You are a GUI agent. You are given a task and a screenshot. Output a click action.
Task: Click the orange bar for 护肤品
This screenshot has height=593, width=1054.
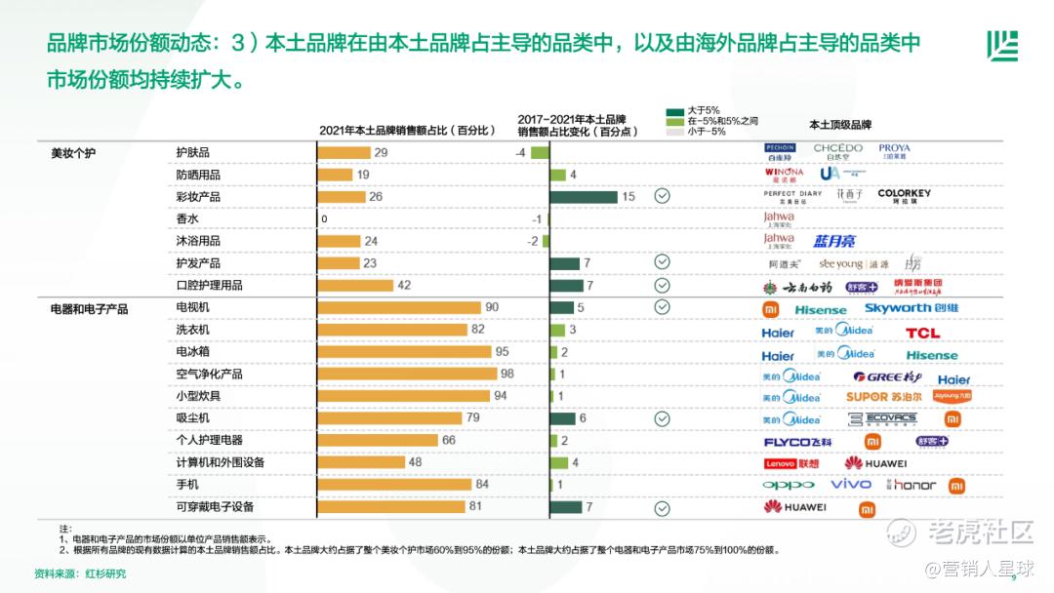pyautogui.click(x=345, y=152)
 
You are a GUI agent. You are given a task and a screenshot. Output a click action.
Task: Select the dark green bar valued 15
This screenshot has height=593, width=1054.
pyautogui.click(x=584, y=196)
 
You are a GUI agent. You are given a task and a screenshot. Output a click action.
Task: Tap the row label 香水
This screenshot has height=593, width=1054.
pyautogui.click(x=186, y=218)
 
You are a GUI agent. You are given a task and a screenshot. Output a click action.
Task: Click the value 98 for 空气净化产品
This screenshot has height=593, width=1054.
pyautogui.click(x=507, y=374)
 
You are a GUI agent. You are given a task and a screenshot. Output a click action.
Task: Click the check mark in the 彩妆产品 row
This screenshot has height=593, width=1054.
pyautogui.click(x=662, y=196)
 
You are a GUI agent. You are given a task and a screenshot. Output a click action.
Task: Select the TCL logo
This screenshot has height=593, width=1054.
pyautogui.click(x=922, y=333)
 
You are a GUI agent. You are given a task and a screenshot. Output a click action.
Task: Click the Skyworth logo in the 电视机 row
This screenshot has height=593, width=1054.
pyautogui.click(x=911, y=308)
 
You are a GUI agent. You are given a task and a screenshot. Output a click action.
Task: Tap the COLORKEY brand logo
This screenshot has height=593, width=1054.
pyautogui.click(x=904, y=193)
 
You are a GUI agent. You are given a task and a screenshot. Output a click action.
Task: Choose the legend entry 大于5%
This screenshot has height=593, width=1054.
pyautogui.click(x=704, y=110)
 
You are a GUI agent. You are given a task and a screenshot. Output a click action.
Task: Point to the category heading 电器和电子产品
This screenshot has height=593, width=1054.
pyautogui.click(x=89, y=308)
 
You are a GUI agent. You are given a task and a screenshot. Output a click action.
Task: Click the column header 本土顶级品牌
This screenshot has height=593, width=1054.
pyautogui.click(x=839, y=125)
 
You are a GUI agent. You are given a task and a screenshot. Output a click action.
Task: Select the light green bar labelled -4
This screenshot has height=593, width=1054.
pyautogui.click(x=540, y=152)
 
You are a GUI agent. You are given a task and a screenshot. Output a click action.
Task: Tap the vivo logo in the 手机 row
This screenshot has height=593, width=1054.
pyautogui.click(x=851, y=484)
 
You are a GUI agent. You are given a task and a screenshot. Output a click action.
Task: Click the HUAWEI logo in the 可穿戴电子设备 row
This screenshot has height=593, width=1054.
pyautogui.click(x=794, y=506)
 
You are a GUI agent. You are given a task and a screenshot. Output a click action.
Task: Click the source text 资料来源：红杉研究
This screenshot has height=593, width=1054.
pyautogui.click(x=80, y=573)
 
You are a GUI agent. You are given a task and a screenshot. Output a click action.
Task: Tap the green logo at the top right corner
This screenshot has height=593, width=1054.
pyautogui.click(x=1001, y=46)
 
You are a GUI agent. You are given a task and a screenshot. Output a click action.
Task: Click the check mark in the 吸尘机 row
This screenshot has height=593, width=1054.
pyautogui.click(x=662, y=418)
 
